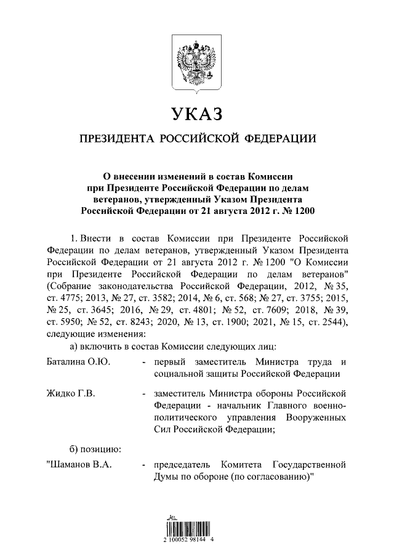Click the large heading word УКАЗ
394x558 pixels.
[x=196, y=115]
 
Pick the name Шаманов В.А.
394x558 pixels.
[x=79, y=464]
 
